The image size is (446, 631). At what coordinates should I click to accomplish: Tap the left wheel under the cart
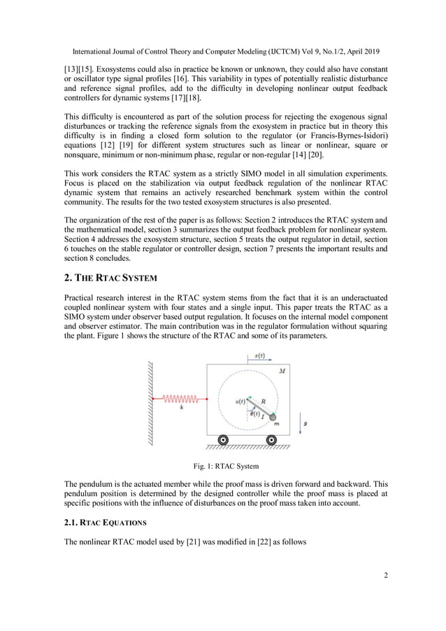pyautogui.click(x=223, y=440)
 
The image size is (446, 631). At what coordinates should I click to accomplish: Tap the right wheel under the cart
pyautogui.click(x=273, y=440)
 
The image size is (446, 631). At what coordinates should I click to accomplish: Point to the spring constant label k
pyautogui.click(x=182, y=409)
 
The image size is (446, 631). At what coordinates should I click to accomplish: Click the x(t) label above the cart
pyautogui.click(x=259, y=355)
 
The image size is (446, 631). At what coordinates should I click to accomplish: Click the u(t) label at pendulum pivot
pyautogui.click(x=240, y=401)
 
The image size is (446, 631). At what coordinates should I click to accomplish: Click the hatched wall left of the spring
pyautogui.click(x=150, y=402)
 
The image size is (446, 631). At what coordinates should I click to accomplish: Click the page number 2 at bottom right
pyautogui.click(x=385, y=575)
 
